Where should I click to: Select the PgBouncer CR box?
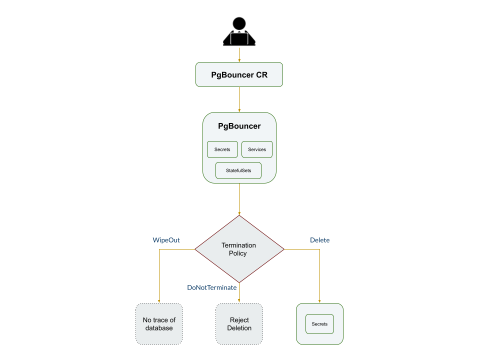(239, 75)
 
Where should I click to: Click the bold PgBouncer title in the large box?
(239, 126)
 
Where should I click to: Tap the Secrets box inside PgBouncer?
(222, 149)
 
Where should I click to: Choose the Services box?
(257, 149)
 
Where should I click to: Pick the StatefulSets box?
(238, 170)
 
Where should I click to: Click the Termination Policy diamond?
(239, 249)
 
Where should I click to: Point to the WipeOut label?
(166, 240)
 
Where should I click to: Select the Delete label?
(319, 240)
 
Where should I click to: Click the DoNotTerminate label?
(211, 287)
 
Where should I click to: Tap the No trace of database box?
(159, 324)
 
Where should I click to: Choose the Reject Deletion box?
(239, 324)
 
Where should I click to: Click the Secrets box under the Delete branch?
(319, 324)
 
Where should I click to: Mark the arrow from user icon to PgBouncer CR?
(239, 54)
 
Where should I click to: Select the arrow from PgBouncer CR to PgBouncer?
(239, 99)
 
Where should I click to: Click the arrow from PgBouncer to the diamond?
(239, 199)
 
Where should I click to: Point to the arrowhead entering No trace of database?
(159, 300)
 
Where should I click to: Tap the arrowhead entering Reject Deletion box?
(239, 300)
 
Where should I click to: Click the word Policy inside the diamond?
(238, 253)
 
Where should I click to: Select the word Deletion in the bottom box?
(239, 328)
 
